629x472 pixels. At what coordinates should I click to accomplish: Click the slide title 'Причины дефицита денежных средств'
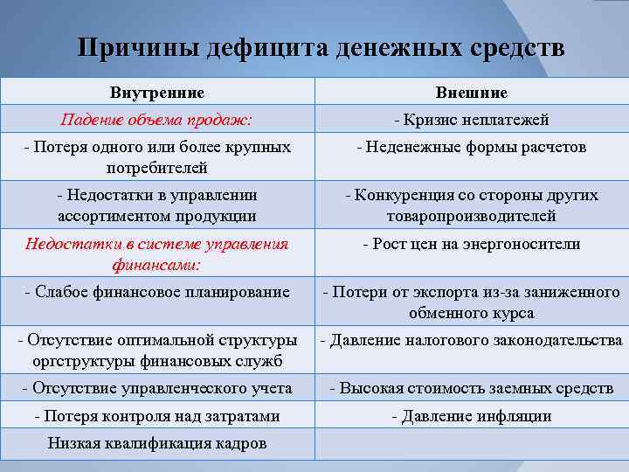click(321, 47)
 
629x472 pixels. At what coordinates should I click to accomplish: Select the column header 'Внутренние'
click(157, 93)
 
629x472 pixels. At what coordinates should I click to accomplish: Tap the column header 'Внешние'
click(471, 93)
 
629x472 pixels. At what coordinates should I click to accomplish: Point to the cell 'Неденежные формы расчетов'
click(471, 147)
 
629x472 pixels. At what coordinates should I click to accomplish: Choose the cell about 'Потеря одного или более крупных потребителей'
click(157, 156)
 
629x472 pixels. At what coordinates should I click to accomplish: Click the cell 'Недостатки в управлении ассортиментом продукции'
click(157, 205)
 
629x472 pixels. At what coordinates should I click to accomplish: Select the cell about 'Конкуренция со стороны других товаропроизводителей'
click(471, 205)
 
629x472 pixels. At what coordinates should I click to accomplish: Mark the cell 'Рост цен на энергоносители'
click(471, 245)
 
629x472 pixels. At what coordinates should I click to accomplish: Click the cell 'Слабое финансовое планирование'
click(157, 292)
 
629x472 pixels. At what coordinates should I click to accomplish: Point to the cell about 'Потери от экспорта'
click(471, 302)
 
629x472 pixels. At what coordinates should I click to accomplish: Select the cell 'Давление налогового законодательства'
click(471, 339)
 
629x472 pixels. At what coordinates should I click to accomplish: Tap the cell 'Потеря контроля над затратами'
click(157, 415)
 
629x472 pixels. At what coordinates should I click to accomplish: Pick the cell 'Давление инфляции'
click(471, 415)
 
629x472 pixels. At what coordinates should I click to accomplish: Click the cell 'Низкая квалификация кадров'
click(157, 443)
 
